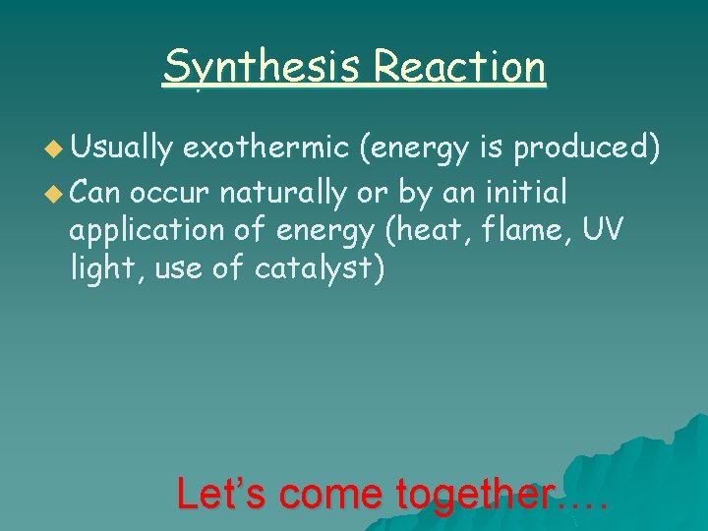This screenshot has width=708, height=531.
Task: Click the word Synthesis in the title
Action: coord(263,67)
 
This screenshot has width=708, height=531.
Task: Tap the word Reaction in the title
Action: coord(459,67)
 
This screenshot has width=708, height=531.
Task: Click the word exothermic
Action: coord(266,148)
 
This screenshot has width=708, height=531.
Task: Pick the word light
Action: coord(103,267)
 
